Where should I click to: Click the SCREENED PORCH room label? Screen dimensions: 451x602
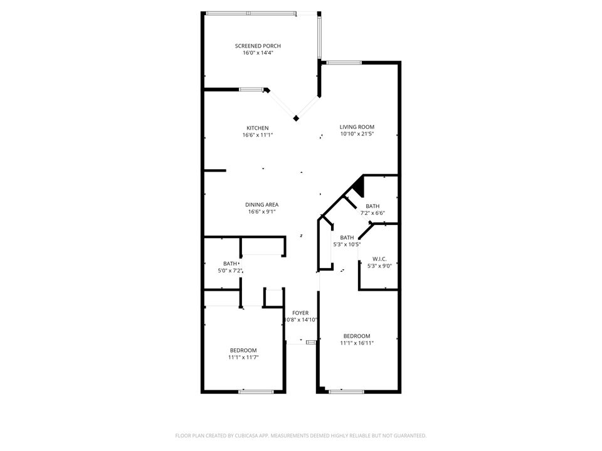(258, 46)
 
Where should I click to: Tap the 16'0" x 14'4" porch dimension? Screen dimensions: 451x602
(258, 53)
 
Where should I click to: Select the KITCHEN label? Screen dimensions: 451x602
(257, 128)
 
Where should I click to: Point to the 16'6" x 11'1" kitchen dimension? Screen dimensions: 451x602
(257, 135)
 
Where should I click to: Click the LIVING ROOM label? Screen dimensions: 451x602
(357, 127)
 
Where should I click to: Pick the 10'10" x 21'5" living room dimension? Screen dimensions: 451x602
(357, 133)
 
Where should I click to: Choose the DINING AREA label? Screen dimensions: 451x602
(261, 205)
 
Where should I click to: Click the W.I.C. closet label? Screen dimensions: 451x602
(379, 259)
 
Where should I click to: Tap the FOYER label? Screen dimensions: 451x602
(300, 313)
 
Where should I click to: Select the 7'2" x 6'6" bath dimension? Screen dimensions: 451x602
(372, 213)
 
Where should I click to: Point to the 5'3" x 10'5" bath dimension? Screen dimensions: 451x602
(347, 244)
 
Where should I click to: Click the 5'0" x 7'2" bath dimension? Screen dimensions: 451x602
(230, 271)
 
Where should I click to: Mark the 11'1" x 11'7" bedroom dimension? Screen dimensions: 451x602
(243, 357)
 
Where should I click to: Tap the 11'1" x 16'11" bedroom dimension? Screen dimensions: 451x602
(357, 343)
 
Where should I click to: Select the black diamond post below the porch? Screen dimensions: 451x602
(296, 118)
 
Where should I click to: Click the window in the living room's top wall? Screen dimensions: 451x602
(344, 62)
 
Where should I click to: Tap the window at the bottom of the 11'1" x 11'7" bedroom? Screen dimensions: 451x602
(256, 392)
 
